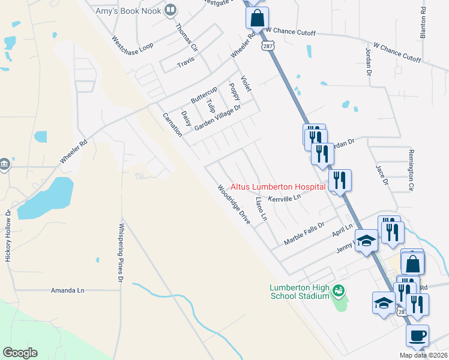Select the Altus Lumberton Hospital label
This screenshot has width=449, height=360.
pyautogui.click(x=278, y=187)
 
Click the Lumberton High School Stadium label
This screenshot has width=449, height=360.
pyautogui.click(x=299, y=291)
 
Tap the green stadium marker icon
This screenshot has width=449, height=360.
pyautogui.click(x=339, y=291)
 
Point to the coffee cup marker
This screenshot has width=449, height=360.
pyautogui.click(x=417, y=335)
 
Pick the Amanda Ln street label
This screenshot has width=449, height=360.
pyautogui.click(x=68, y=290)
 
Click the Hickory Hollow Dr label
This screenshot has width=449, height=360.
pyautogui.click(x=8, y=235)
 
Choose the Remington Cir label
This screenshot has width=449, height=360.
pyautogui.click(x=411, y=170)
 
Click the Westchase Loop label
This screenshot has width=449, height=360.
pyautogui.click(x=133, y=46)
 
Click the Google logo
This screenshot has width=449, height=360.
pyautogui.click(x=20, y=353)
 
